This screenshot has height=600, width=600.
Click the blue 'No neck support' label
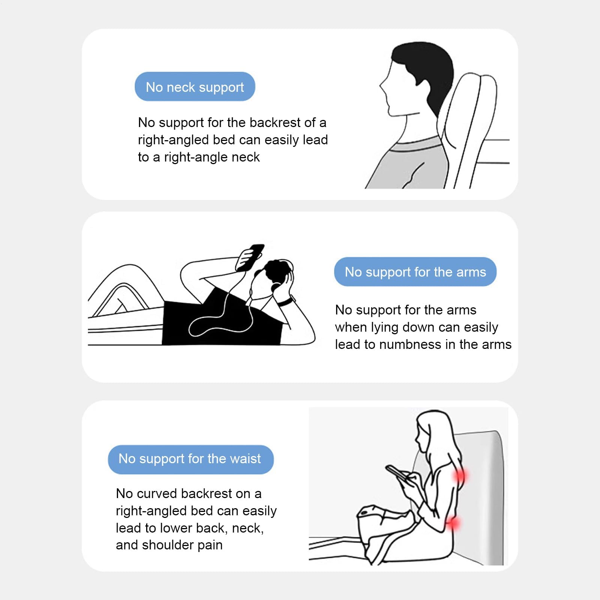tap(195, 87)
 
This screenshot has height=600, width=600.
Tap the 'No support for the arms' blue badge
tap(415, 272)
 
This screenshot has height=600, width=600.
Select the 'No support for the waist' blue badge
tap(191, 459)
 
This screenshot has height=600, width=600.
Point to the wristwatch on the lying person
tap(286, 301)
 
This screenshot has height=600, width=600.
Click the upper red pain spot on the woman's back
tap(459, 476)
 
